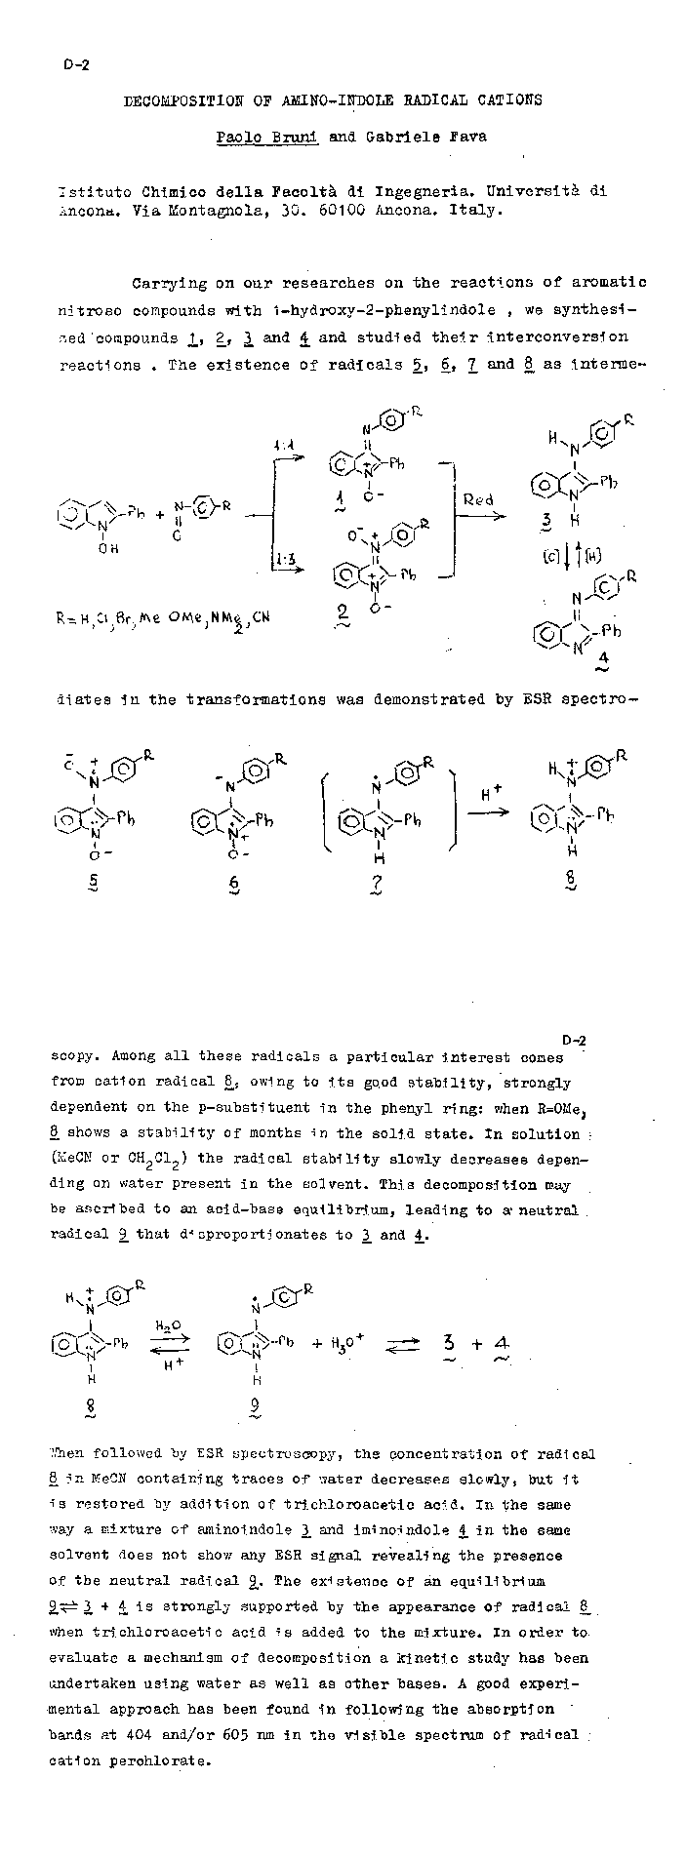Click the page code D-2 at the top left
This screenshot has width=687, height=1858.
coord(75,66)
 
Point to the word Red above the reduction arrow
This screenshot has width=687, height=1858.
coord(478,499)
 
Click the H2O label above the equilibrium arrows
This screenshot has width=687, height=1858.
coord(167,1324)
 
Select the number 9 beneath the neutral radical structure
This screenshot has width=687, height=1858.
coord(256,1405)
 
